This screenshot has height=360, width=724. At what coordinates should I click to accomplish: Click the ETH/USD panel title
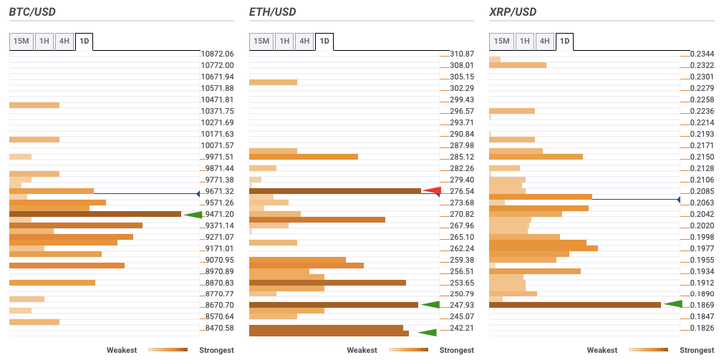(272, 12)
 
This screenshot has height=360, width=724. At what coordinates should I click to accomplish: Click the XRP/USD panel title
(513, 12)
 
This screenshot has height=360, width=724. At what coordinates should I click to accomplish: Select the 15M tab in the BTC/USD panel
(21, 42)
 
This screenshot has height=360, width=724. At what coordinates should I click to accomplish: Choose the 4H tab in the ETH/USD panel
(304, 42)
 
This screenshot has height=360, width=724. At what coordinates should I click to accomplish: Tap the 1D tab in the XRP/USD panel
(565, 42)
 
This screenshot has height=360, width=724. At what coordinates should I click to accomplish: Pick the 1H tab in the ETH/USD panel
(284, 42)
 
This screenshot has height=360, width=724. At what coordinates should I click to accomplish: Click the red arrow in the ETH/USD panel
(431, 190)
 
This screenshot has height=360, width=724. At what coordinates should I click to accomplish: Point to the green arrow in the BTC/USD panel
(193, 214)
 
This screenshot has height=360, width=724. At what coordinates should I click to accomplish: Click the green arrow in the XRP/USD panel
(672, 304)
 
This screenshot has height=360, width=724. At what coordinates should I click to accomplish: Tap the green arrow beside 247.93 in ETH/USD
(430, 305)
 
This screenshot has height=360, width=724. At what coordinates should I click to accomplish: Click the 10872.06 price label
(218, 54)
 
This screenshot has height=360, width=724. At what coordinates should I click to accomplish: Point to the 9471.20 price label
(218, 214)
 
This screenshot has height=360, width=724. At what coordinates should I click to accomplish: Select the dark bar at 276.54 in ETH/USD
(334, 191)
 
